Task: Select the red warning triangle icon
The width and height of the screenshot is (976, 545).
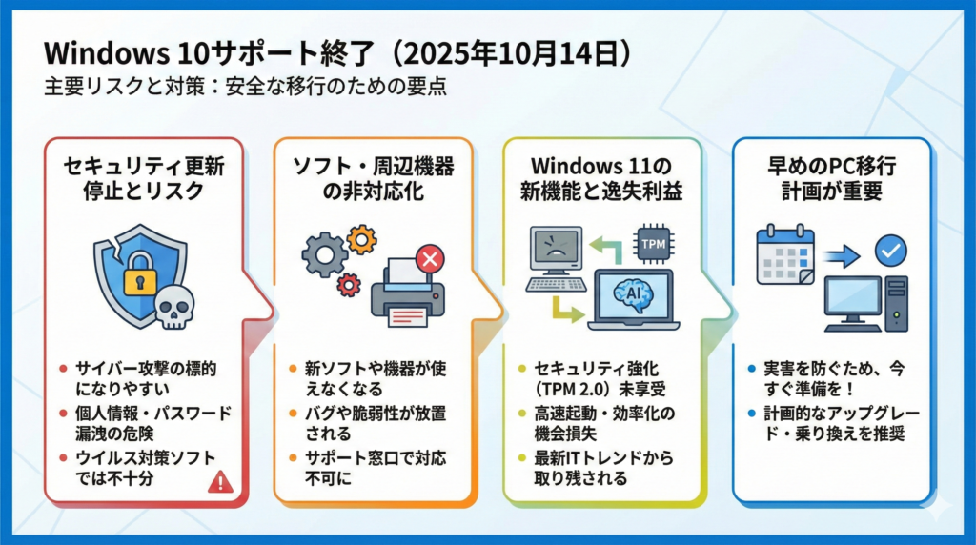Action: [x=220, y=482]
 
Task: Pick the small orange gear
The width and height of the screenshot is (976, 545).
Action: [x=362, y=238]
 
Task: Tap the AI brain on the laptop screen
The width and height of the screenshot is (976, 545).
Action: [x=632, y=296]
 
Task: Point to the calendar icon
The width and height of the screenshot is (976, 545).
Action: [x=784, y=256]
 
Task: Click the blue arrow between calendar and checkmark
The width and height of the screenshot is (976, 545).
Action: [x=844, y=254]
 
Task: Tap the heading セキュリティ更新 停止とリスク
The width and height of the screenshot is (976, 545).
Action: [x=144, y=178]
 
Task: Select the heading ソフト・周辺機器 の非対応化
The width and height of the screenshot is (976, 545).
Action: [x=373, y=178]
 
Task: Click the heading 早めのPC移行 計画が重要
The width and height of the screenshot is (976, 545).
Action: [x=831, y=178]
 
